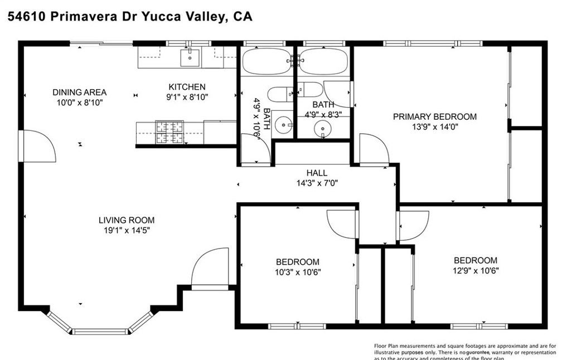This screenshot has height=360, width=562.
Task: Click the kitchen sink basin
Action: click(x=191, y=55)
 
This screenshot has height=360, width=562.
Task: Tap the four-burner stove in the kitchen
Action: click(x=169, y=132)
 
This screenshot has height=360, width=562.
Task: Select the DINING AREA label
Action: click(x=79, y=93)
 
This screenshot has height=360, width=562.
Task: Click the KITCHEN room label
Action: click(x=187, y=87)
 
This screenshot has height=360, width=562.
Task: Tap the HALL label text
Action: click(x=317, y=173)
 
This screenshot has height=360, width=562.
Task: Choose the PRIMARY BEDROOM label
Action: click(x=435, y=116)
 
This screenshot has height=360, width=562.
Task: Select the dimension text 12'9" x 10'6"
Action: click(x=475, y=271)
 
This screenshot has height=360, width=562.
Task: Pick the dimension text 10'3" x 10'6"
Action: click(x=298, y=272)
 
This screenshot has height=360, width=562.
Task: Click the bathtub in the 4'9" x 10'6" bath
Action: click(x=267, y=61)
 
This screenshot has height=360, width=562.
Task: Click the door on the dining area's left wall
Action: click(x=36, y=146)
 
